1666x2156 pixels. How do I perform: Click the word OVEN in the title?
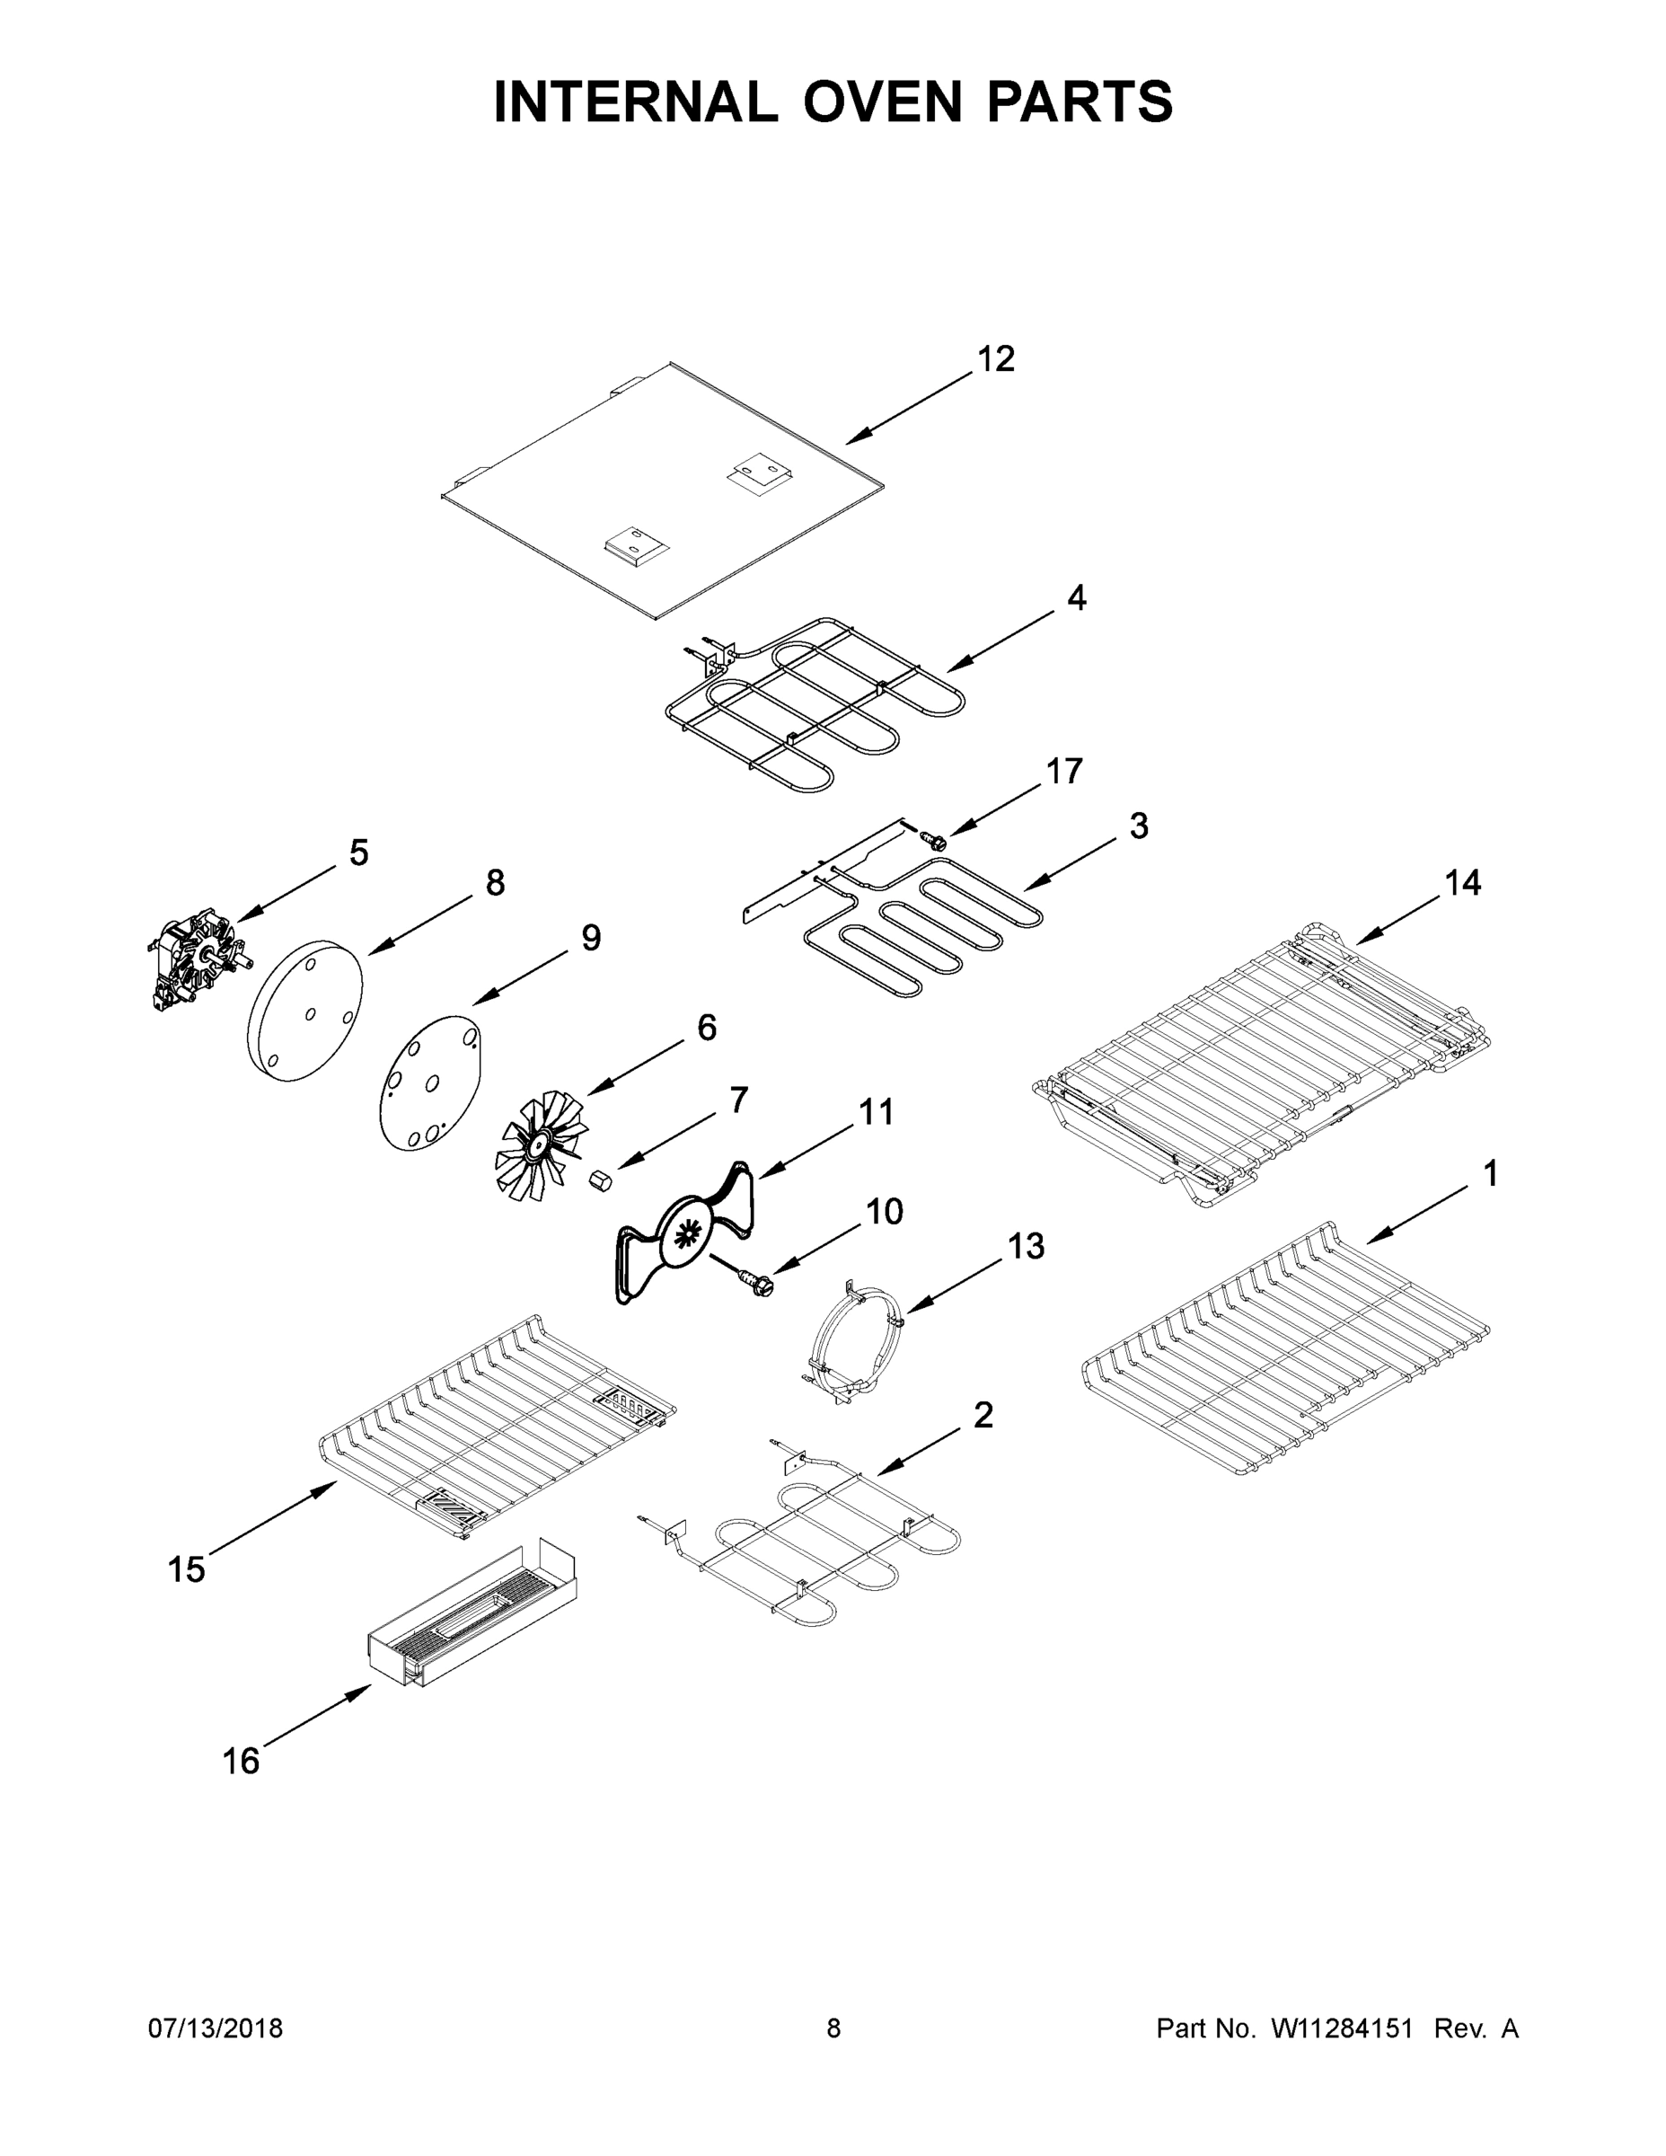(881, 102)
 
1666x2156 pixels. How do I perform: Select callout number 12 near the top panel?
(995, 359)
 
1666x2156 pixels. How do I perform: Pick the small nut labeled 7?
(599, 1180)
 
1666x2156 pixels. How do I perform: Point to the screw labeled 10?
(757, 1286)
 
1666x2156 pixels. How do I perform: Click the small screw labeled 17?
(932, 841)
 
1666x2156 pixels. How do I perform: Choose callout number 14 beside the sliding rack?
(1463, 884)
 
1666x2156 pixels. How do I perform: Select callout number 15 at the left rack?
(186, 1569)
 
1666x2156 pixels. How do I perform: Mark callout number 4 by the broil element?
(1076, 597)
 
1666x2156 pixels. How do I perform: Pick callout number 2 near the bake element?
(983, 1416)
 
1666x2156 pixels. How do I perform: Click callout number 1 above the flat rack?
(1490, 1174)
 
